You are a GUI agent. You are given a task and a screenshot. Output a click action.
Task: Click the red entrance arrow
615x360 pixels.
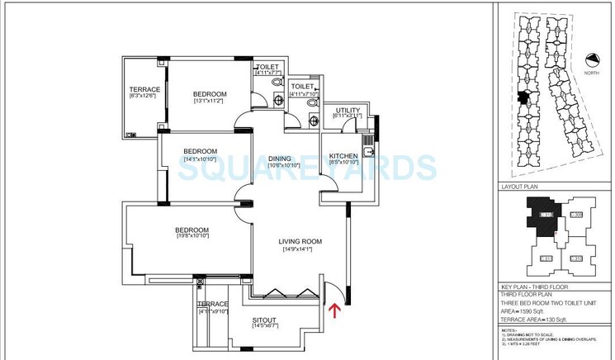[x=333, y=310]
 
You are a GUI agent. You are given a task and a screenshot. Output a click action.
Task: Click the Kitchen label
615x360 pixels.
[x=343, y=156]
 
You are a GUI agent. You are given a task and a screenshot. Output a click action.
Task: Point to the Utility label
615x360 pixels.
[x=346, y=109]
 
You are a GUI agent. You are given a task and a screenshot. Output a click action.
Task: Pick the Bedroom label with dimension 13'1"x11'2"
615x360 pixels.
[x=210, y=94]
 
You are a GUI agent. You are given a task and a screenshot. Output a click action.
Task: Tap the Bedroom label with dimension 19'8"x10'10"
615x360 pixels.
[x=192, y=230]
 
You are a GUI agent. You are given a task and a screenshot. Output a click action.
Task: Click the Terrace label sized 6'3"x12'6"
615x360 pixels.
[x=144, y=89]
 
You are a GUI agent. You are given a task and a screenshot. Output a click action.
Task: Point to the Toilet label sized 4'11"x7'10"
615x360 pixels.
[x=303, y=86]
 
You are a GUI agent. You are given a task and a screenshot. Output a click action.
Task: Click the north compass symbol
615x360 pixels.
[x=591, y=60]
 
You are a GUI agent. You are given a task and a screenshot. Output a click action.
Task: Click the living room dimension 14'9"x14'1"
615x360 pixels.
[x=297, y=249]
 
